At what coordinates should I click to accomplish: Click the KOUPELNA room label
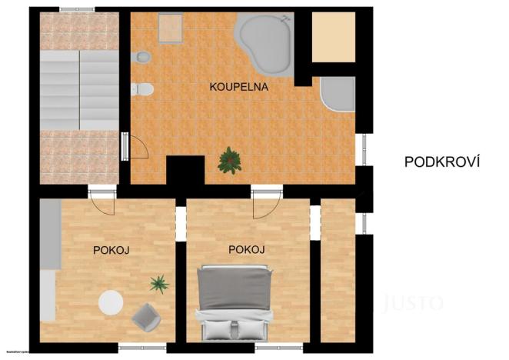pos(238,87)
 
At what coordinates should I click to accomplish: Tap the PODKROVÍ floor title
pos(442,162)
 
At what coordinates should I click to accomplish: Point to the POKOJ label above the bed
pos(247,250)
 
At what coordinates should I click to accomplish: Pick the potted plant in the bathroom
pos(229,160)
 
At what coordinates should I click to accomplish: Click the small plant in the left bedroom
pos(159,285)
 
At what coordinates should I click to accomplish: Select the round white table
pos(111,302)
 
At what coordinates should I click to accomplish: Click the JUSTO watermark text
pos(413,302)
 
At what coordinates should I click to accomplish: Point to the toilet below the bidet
pos(144,90)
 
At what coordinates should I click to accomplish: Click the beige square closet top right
pos(334,36)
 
